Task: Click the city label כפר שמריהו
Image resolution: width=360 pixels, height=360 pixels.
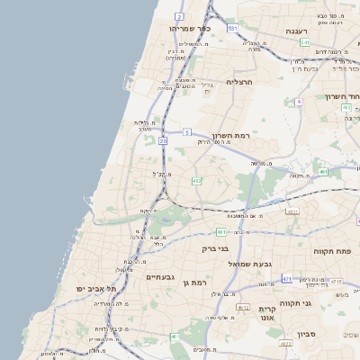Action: tap(189, 29)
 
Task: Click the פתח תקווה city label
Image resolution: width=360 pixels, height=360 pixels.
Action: tap(330, 251)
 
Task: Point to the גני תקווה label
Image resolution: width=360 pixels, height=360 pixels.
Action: tap(319, 303)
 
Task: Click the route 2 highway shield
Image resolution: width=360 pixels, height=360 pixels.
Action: tap(180, 17)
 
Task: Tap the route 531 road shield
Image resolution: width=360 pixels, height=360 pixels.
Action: tap(232, 29)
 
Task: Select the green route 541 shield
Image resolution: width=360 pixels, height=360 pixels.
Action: tap(305, 42)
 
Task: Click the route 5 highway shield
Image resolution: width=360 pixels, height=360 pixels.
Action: tap(186, 131)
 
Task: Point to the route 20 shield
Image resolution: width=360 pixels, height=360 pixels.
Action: tap(163, 141)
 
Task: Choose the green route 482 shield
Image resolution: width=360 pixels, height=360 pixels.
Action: tap(196, 181)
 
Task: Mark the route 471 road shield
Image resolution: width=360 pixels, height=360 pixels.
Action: tap(286, 279)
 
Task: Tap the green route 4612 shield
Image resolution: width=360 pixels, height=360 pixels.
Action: tap(243, 308)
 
